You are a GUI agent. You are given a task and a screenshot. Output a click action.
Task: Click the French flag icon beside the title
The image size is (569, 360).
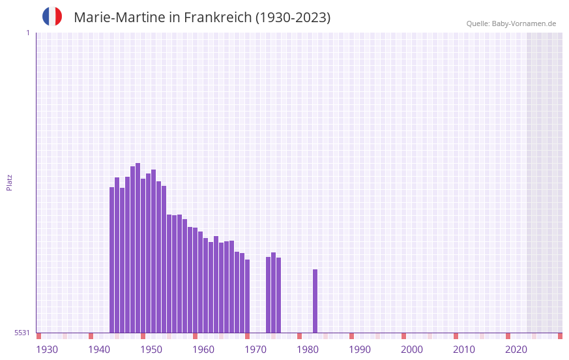tap(52, 16)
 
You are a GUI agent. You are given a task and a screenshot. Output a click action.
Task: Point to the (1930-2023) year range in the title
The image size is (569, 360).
tap(293, 18)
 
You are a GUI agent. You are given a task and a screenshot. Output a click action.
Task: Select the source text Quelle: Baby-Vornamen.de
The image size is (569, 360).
tap(511, 23)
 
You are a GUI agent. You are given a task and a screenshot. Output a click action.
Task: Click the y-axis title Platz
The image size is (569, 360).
tap(9, 182)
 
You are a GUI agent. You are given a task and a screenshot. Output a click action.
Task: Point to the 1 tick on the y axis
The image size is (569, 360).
tap(27, 33)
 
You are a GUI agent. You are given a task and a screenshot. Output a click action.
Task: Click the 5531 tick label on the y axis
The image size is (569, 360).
tap(22, 333)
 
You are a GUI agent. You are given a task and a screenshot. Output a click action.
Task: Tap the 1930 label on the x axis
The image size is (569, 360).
tap(47, 350)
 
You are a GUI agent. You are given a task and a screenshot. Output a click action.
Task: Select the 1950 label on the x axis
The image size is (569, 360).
tap(151, 350)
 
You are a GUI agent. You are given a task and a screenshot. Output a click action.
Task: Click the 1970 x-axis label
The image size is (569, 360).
tap(255, 350)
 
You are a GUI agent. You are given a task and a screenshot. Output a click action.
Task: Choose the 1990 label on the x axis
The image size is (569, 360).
tap(360, 350)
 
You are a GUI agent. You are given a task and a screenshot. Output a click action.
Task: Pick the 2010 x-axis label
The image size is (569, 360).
tap(464, 350)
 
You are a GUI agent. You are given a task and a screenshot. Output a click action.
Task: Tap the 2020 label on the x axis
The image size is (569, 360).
tap(516, 350)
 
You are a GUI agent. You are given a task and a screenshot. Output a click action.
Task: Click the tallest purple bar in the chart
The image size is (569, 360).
tap(138, 248)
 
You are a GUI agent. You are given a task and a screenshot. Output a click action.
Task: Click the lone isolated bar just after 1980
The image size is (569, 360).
tap(315, 301)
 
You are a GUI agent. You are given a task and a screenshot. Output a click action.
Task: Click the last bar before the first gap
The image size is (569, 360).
tap(247, 296)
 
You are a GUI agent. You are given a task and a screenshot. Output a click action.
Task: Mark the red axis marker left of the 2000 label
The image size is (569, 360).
tap(403, 336)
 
